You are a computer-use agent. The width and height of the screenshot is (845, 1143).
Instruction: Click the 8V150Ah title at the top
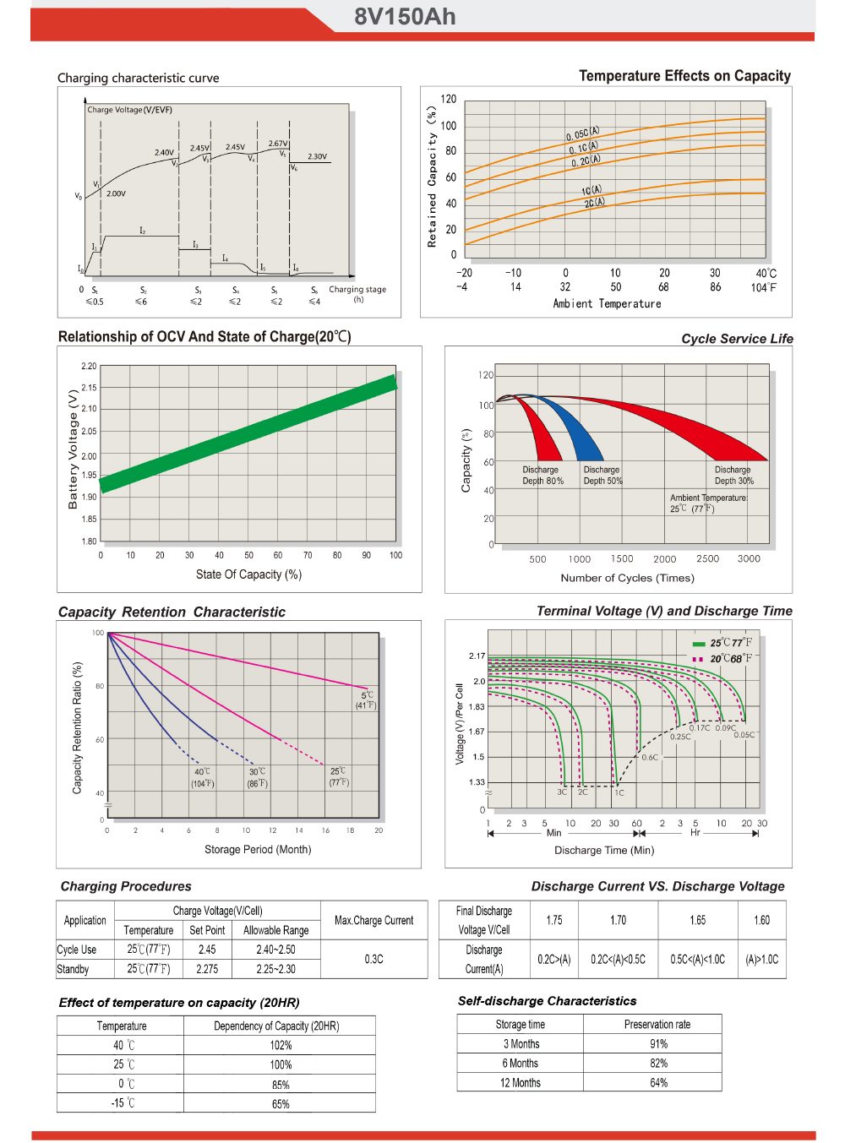[405, 17]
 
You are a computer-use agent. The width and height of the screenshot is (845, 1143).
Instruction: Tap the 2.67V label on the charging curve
[278, 144]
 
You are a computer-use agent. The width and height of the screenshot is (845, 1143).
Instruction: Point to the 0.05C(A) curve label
[582, 133]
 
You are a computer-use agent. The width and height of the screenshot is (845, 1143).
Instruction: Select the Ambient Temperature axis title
[607, 303]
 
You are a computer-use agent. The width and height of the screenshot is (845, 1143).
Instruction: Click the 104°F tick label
[764, 287]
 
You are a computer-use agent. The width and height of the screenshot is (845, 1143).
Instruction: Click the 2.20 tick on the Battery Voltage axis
[89, 367]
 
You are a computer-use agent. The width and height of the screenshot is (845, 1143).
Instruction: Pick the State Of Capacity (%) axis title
[248, 574]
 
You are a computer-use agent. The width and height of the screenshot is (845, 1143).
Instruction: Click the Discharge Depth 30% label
[733, 475]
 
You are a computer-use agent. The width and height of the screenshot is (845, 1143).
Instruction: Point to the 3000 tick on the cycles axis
[749, 558]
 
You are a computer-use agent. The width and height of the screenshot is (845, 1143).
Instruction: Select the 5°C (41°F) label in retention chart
[366, 699]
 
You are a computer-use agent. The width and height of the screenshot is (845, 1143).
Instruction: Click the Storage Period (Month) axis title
[258, 849]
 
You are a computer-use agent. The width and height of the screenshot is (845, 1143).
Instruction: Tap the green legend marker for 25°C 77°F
[699, 644]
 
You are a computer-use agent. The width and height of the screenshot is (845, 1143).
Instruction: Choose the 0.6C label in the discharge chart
[650, 757]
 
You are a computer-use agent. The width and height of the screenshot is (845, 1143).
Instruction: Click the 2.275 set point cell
[207, 969]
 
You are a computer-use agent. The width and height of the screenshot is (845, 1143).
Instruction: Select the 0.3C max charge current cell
[373, 959]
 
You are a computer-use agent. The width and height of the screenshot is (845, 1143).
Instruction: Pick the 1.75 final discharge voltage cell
[554, 920]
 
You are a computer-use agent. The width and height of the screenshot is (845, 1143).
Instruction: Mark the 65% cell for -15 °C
[281, 1103]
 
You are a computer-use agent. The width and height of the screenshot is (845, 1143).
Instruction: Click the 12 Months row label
[520, 1082]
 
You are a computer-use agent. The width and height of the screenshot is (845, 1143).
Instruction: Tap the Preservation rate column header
[657, 1024]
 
